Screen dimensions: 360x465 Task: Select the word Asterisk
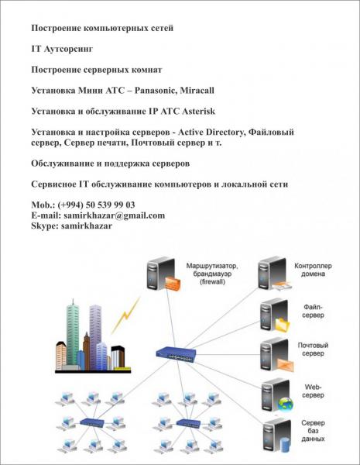tap(198, 111)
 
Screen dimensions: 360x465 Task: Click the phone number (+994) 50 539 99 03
tap(96, 205)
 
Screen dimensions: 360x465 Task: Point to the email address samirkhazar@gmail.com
tap(114, 215)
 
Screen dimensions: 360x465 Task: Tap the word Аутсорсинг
tap(68, 49)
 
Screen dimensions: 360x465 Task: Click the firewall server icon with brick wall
tap(163, 274)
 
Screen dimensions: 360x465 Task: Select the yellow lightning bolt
tap(125, 316)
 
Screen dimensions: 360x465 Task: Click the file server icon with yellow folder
tap(275, 315)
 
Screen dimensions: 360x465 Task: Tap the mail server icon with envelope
tap(277, 355)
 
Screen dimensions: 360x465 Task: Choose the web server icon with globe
tap(277, 395)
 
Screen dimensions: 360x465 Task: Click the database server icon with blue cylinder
tap(278, 436)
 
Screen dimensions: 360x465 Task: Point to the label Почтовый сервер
tap(313, 350)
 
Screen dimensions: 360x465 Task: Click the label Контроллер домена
tap(313, 270)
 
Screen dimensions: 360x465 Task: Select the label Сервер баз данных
tap(314, 431)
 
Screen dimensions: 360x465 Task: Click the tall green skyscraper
tap(73, 332)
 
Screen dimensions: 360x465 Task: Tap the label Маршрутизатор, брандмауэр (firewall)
tap(212, 274)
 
